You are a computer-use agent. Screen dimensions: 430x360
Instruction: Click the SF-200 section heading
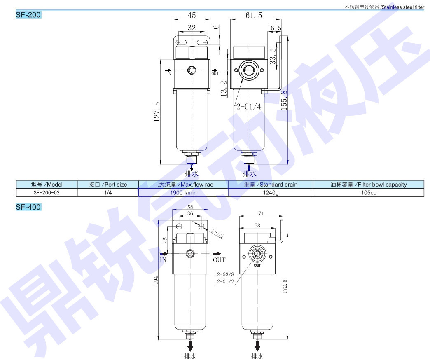tap(28, 15)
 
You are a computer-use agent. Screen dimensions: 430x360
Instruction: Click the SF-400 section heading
tap(28, 207)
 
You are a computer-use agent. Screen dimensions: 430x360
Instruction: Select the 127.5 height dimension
tap(157, 112)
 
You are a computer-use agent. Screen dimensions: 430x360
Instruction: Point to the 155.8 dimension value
tap(284, 100)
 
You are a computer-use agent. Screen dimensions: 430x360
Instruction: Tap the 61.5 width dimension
tap(254, 15)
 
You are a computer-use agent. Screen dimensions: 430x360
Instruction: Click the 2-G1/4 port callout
tap(249, 106)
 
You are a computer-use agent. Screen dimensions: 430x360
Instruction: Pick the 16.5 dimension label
tap(274, 28)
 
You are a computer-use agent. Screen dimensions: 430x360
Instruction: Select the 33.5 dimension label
tap(273, 56)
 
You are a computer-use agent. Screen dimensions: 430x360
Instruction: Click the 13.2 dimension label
tap(224, 88)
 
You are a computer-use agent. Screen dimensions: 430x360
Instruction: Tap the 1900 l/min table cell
tap(183, 193)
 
